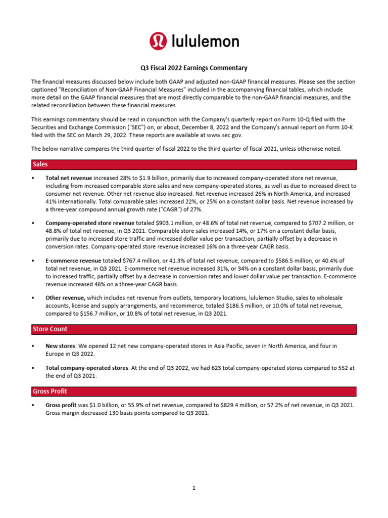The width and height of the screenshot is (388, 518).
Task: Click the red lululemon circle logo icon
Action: point(158,41)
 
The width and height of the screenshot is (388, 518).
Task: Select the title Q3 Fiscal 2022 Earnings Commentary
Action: point(193,68)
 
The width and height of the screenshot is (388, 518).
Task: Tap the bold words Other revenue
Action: point(65,298)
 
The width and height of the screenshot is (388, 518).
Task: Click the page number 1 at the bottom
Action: point(193,488)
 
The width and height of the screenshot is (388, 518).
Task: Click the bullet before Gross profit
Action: point(33,406)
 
